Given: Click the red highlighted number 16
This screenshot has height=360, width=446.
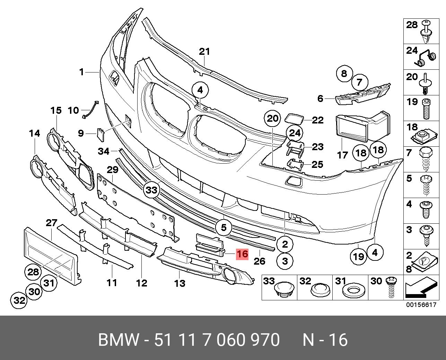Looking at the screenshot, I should [x=242, y=254].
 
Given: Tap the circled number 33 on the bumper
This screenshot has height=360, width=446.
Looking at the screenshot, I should [x=152, y=190].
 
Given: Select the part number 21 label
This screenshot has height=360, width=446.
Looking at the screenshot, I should [x=204, y=52].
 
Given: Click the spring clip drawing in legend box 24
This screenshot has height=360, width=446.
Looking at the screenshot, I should [x=426, y=59].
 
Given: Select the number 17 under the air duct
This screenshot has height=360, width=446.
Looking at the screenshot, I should [x=342, y=155].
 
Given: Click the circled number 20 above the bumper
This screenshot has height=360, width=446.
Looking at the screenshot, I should [x=273, y=119].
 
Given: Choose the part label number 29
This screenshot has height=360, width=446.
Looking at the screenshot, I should [x=113, y=170].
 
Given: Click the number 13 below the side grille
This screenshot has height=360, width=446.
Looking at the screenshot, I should [x=180, y=283].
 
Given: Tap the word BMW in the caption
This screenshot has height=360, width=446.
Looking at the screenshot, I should [x=118, y=340].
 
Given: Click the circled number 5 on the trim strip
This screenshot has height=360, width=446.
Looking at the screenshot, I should [x=224, y=228].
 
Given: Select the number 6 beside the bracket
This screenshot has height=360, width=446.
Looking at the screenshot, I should [x=320, y=99].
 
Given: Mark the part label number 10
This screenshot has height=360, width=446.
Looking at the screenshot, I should [x=73, y=111].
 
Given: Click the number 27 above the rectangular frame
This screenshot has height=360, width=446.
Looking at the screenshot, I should [x=51, y=223].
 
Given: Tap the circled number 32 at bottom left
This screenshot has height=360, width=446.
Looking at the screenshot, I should [x=19, y=300].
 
